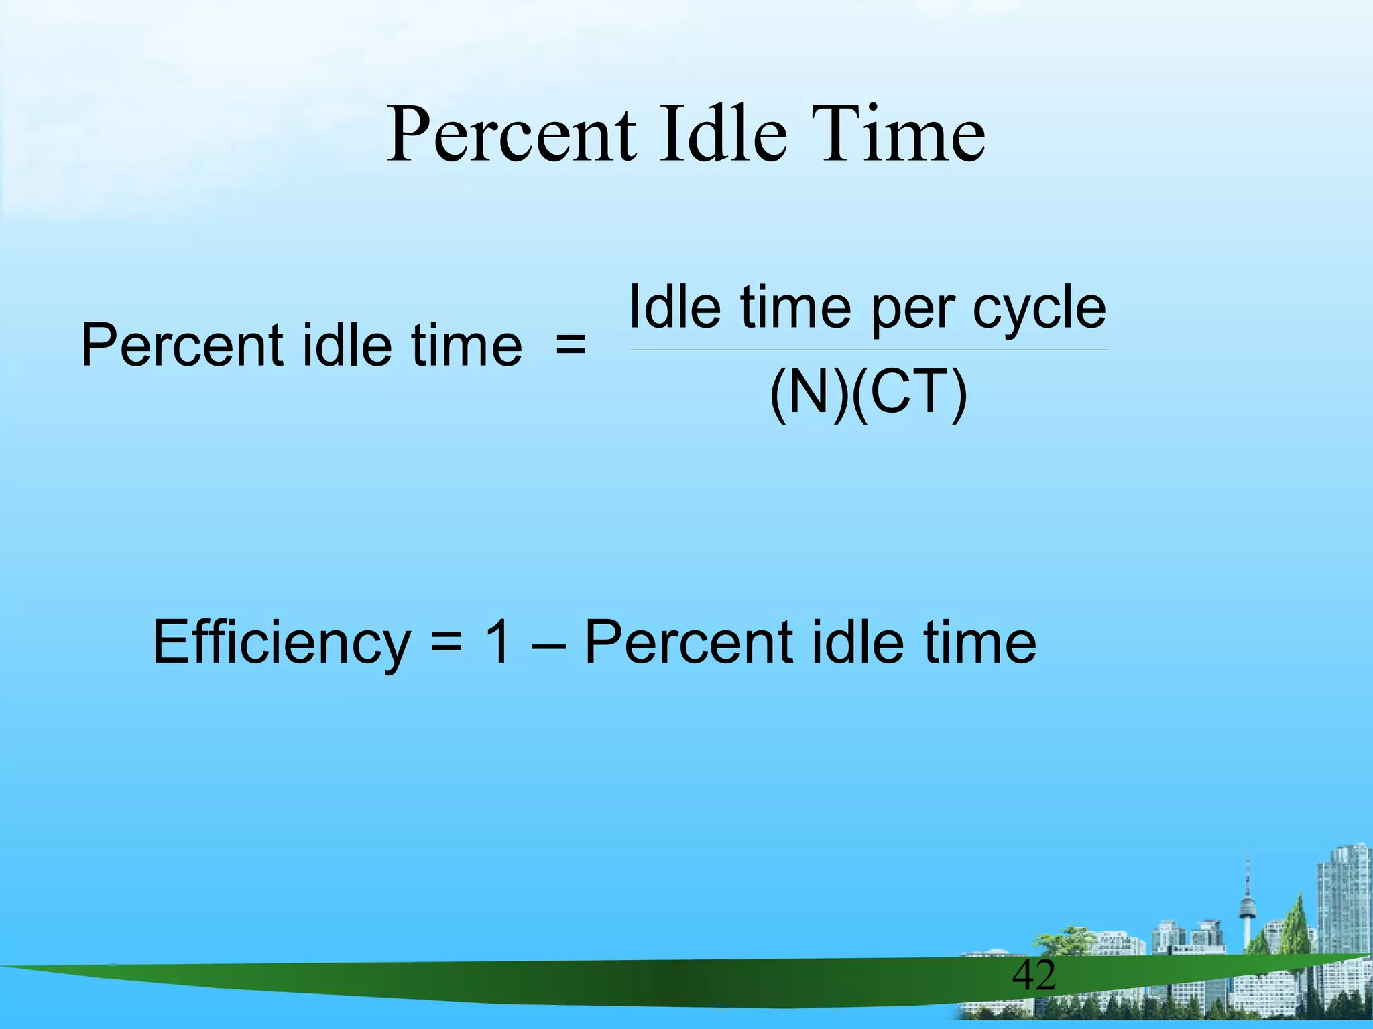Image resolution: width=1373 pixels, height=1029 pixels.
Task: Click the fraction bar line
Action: pyautogui.click(x=868, y=350)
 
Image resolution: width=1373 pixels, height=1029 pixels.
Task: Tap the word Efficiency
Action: pyautogui.click(x=281, y=643)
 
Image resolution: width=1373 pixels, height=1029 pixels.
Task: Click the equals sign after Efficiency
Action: pyautogui.click(x=446, y=643)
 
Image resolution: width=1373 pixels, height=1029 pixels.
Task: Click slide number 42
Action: pyautogui.click(x=1034, y=975)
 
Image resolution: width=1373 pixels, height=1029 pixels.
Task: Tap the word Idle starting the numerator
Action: pyautogui.click(x=674, y=307)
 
